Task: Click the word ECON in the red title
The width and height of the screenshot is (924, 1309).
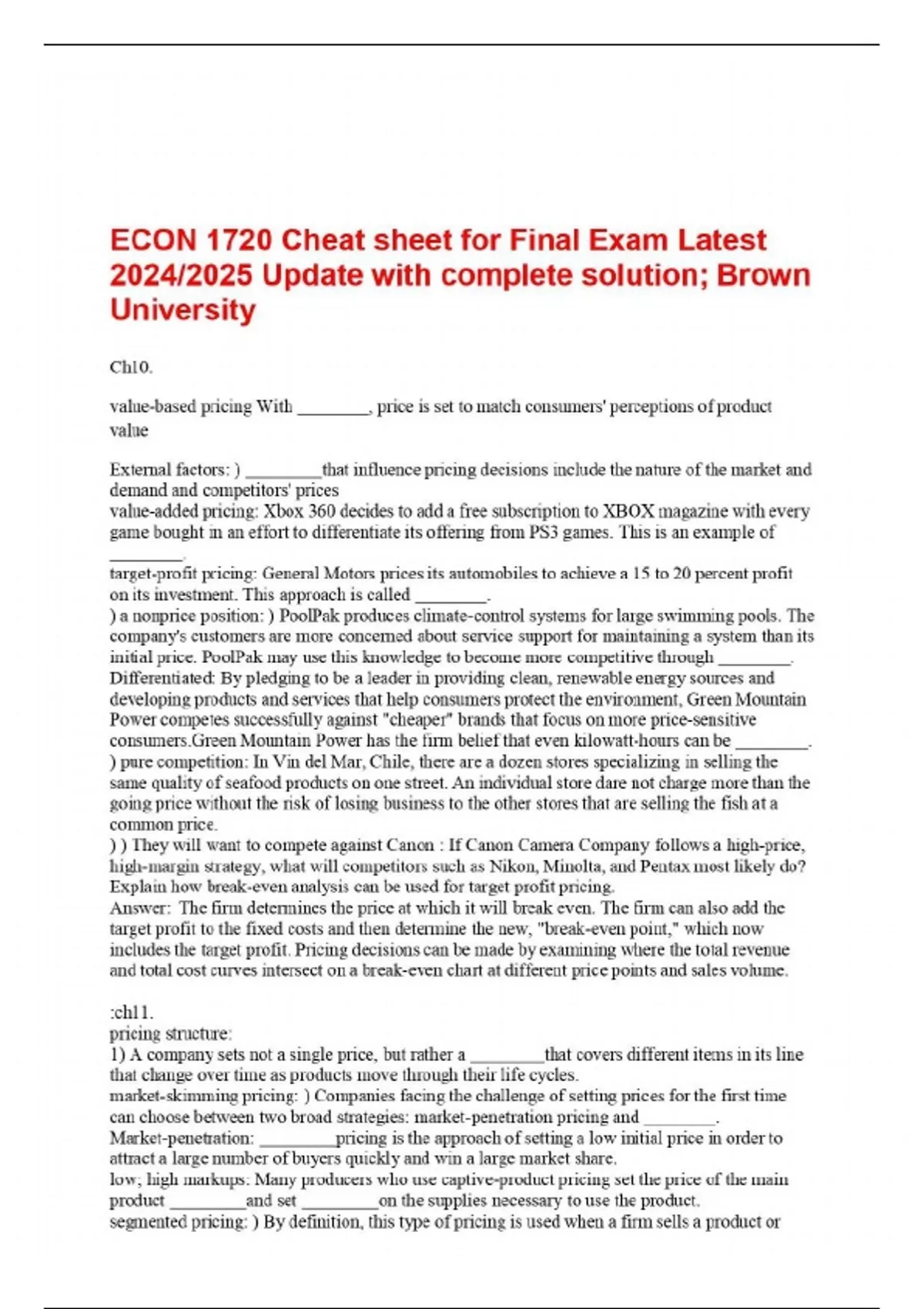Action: pyautogui.click(x=152, y=241)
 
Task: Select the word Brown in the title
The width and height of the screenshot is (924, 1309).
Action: pyautogui.click(x=763, y=276)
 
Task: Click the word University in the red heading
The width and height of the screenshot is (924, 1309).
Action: pyautogui.click(x=182, y=310)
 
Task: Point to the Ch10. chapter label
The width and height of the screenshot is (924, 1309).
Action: pyautogui.click(x=131, y=367)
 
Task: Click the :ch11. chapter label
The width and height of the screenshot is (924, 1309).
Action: pyautogui.click(x=132, y=1013)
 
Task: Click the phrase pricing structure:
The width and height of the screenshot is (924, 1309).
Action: pyautogui.click(x=170, y=1033)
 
